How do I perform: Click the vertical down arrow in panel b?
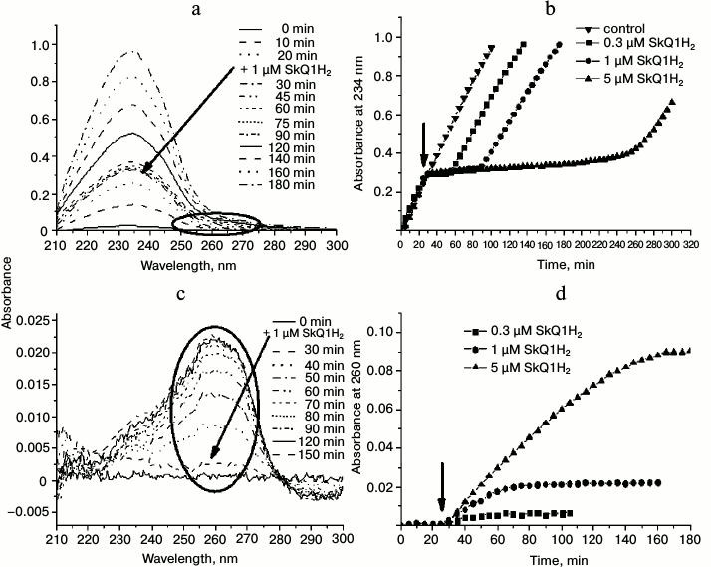(x=424, y=145)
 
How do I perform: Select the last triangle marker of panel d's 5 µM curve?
(x=688, y=350)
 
